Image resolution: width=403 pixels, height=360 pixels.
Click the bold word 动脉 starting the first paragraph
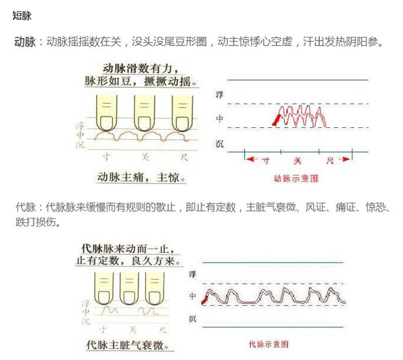25,42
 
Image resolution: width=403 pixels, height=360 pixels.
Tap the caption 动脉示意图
297,179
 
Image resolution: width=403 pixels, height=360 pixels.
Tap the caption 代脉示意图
269,344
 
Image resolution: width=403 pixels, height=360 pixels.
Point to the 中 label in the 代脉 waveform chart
193,296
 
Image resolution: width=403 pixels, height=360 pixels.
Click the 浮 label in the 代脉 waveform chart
193,275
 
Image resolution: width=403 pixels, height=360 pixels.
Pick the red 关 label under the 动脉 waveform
297,161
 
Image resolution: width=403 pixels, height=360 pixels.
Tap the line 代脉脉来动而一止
127,248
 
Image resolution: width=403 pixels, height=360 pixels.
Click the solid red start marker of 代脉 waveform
204,299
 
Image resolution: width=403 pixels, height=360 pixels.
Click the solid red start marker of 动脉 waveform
277,119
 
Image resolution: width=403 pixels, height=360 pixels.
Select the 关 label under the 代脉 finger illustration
132,329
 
